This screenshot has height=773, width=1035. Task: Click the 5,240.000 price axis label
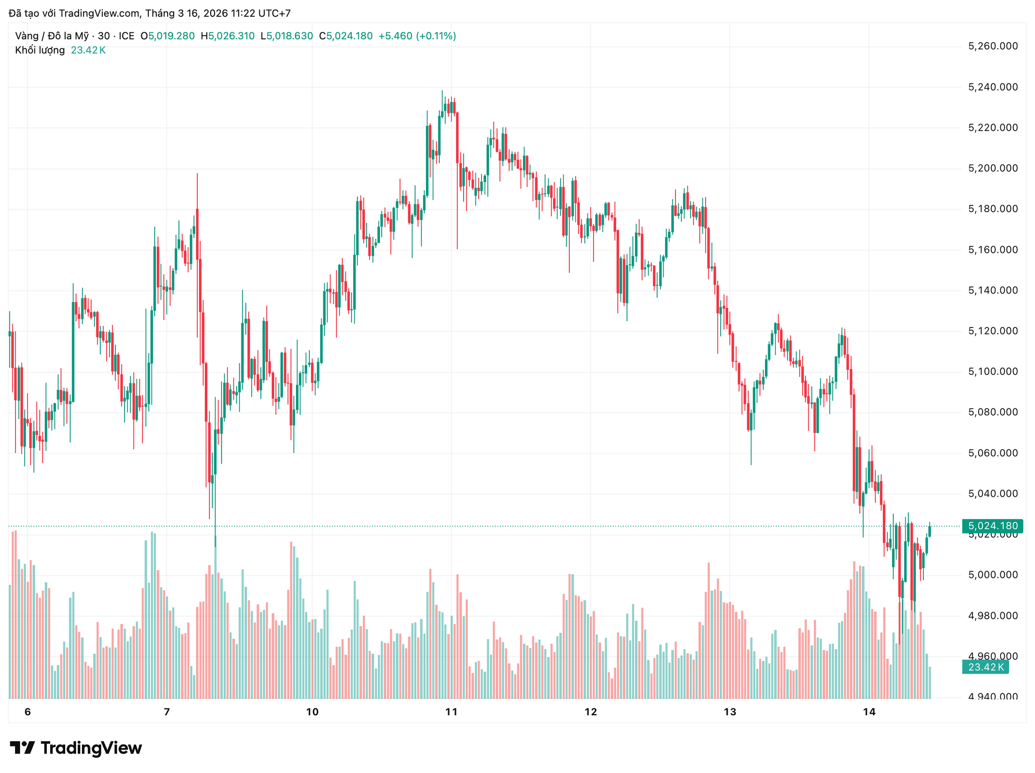pyautogui.click(x=993, y=87)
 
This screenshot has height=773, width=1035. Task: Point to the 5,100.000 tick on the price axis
pyautogui.click(x=993, y=372)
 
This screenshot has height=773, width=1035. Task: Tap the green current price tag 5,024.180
pyautogui.click(x=992, y=526)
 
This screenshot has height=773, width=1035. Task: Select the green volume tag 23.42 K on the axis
pyautogui.click(x=985, y=667)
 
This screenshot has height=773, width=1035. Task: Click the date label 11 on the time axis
pyautogui.click(x=451, y=712)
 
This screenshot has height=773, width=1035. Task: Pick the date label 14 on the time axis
pyautogui.click(x=869, y=712)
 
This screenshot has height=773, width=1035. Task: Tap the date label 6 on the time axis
pyautogui.click(x=28, y=712)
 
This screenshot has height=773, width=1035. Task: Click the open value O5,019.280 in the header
pyautogui.click(x=168, y=36)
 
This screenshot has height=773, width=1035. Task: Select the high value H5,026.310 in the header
pyautogui.click(x=227, y=36)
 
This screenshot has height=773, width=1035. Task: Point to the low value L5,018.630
pyautogui.click(x=286, y=36)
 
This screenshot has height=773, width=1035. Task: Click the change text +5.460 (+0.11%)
pyautogui.click(x=417, y=36)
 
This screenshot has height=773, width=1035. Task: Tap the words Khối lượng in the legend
pyautogui.click(x=40, y=50)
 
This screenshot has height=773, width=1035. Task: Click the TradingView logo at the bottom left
pyautogui.click(x=76, y=748)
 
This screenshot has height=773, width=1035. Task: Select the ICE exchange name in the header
pyautogui.click(x=127, y=36)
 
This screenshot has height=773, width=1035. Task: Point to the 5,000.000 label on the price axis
pyautogui.click(x=993, y=575)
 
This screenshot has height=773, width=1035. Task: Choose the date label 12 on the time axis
pyautogui.click(x=591, y=712)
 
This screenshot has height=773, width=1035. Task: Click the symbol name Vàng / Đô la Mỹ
pyautogui.click(x=52, y=36)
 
